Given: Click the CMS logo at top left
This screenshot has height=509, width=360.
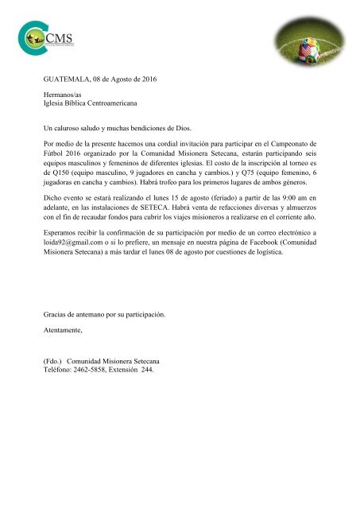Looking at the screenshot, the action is pos(40,37).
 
